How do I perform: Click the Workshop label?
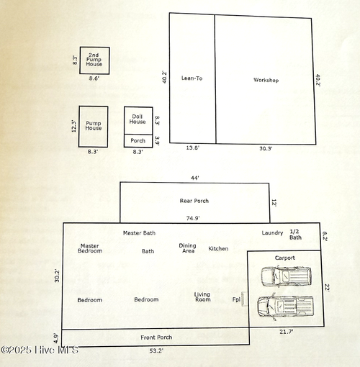click(x=266, y=80)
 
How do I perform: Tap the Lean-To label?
click(x=192, y=78)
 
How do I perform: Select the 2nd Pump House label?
click(x=94, y=60)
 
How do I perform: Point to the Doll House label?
click(x=138, y=119)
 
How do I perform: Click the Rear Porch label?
click(x=194, y=201)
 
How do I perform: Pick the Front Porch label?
click(x=156, y=337)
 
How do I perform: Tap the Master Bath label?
click(x=139, y=233)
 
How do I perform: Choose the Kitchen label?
click(x=218, y=249)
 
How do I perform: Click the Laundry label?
click(x=272, y=233)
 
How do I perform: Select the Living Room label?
click(x=202, y=297)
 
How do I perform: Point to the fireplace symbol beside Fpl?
click(x=244, y=299)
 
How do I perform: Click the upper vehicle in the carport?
click(x=286, y=276)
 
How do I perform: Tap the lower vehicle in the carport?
click(x=285, y=306)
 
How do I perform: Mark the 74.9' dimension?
click(x=193, y=218)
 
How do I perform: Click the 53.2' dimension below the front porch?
click(x=156, y=350)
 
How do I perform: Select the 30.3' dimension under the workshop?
click(x=266, y=148)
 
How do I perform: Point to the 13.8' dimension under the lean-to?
click(x=193, y=148)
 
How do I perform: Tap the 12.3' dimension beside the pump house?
click(x=74, y=127)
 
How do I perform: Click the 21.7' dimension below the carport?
click(x=286, y=332)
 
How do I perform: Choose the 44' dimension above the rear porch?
click(x=195, y=178)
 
